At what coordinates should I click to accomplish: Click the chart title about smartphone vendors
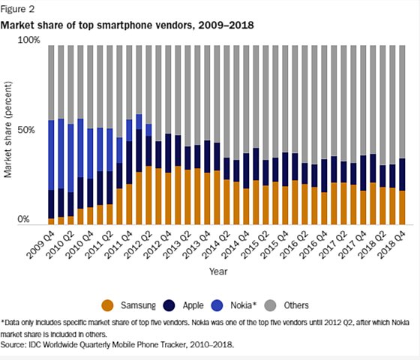[x=128, y=25]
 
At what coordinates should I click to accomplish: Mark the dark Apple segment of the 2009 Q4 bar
[x=51, y=203]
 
